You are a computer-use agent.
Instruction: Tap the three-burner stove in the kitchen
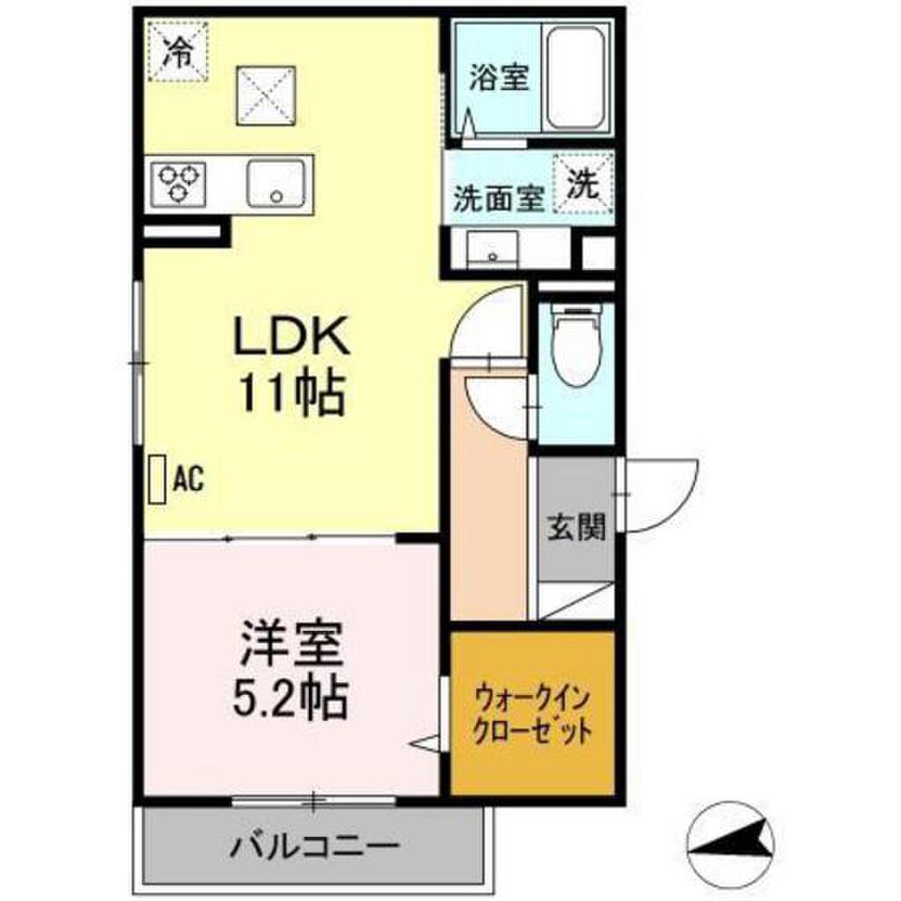tap(177, 183)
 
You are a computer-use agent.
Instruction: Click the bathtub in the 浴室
tap(575, 77)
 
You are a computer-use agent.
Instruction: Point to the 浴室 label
tap(499, 78)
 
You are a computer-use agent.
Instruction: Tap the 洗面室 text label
tap(498, 197)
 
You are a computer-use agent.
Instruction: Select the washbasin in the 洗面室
tap(493, 250)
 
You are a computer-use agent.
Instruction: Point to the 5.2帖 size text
tap(290, 700)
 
